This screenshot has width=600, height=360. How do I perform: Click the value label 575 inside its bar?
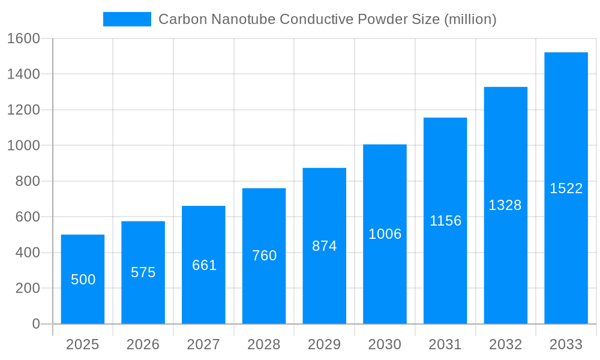coord(143,272)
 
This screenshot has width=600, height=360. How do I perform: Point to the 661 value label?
coord(204,265)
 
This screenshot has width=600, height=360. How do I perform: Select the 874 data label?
coord(325,246)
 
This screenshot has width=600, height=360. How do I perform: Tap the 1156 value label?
coord(445,221)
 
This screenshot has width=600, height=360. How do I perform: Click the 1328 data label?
coord(505,205)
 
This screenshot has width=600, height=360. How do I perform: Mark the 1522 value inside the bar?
coord(566,188)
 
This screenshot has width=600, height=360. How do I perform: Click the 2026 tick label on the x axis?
coord(143,344)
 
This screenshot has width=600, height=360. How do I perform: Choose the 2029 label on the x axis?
coord(325,344)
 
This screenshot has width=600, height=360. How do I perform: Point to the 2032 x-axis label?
coord(505,344)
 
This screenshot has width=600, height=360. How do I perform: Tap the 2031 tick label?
coord(445,344)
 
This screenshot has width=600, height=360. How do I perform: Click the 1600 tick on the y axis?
coord(23,38)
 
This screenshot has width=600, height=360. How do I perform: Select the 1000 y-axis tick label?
coord(23,146)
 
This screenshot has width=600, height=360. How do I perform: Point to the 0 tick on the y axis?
coord(35,324)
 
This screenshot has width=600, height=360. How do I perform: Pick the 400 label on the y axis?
coord(28,253)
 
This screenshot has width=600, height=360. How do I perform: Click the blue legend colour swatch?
coord(127,19)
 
